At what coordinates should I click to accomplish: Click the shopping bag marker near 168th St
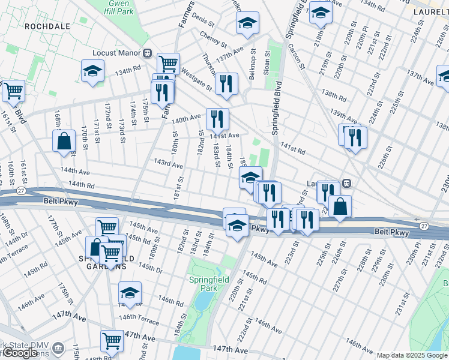(x=64, y=142)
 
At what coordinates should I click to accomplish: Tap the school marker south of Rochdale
(x=93, y=71)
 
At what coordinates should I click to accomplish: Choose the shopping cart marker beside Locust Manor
(x=169, y=63)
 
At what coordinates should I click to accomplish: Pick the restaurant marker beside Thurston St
(x=226, y=83)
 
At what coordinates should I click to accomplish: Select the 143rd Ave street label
(x=168, y=163)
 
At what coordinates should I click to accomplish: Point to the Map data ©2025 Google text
(x=412, y=355)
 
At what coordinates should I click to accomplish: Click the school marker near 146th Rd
(x=130, y=293)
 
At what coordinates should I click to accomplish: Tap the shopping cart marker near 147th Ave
(x=112, y=341)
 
